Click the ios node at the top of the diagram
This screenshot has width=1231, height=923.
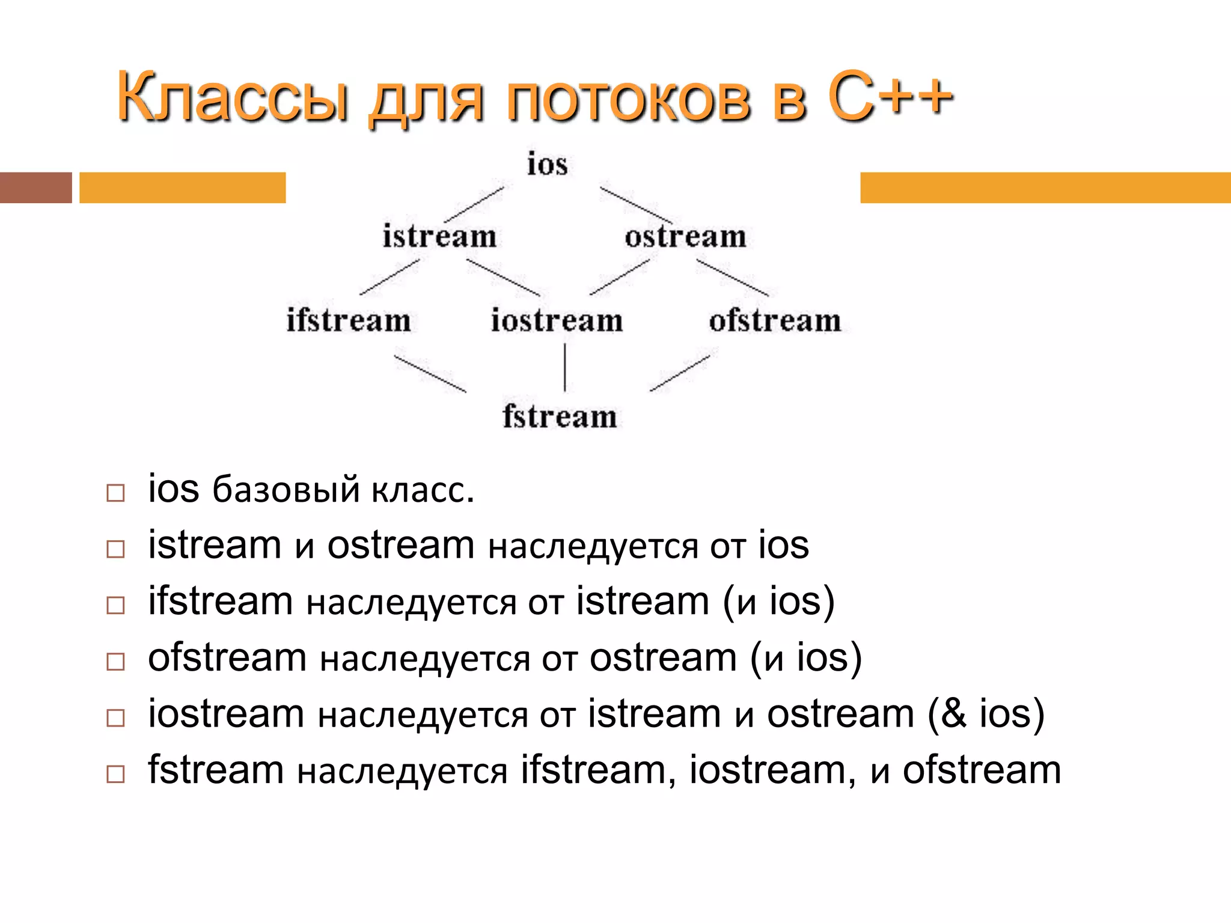click(x=547, y=164)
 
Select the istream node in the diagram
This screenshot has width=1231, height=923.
click(x=439, y=236)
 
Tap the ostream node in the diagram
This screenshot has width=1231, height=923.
click(x=685, y=236)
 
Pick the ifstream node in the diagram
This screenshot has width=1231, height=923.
click(x=349, y=320)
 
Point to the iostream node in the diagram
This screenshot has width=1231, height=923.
click(x=557, y=320)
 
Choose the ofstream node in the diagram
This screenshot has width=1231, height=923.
click(x=775, y=320)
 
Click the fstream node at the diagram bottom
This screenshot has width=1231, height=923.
click(x=560, y=416)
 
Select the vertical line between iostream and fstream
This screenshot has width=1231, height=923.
click(x=564, y=367)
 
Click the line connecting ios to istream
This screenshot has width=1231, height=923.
click(x=474, y=204)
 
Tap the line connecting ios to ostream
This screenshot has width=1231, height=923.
click(x=636, y=205)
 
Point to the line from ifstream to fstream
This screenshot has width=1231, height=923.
click(x=430, y=373)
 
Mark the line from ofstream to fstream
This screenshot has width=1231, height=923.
click(x=680, y=373)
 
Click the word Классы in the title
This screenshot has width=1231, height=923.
click(x=233, y=98)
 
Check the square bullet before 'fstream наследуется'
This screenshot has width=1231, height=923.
click(x=115, y=773)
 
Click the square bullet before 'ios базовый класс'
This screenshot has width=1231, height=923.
click(x=115, y=493)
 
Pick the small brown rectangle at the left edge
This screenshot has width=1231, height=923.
click(x=35, y=187)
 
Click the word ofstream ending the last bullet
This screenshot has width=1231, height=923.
click(x=982, y=770)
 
